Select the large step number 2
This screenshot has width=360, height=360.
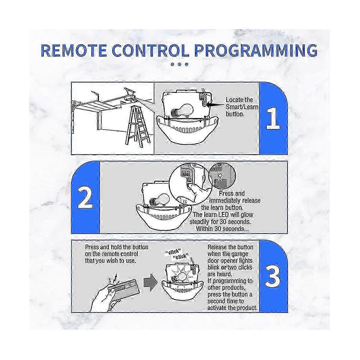[85, 198]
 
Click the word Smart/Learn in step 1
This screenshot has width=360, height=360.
[242, 107]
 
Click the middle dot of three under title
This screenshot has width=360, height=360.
[179, 64]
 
